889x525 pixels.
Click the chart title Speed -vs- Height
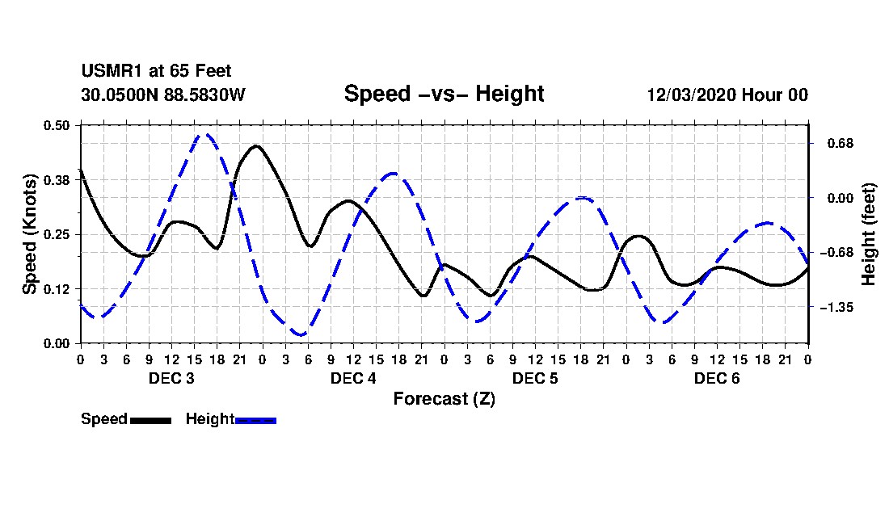[444, 94]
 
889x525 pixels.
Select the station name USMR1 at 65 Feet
[156, 71]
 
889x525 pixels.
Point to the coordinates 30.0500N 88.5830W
[162, 94]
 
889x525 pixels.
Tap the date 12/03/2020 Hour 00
[727, 94]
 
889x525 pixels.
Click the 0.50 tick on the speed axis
[56, 125]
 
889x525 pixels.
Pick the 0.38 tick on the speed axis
[56, 180]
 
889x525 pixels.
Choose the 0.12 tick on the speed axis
[56, 289]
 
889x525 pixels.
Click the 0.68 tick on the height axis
[841, 143]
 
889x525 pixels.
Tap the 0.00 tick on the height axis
[841, 198]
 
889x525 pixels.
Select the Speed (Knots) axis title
[29, 234]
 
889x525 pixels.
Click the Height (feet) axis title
[868, 234]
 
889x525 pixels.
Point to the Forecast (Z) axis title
[444, 399]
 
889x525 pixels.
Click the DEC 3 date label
[171, 378]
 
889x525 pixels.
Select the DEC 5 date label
[535, 378]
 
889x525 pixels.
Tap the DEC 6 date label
[717, 378]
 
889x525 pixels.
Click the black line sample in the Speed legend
[151, 420]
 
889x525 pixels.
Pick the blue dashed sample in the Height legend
[255, 420]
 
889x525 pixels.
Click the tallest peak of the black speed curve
[256, 146]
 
